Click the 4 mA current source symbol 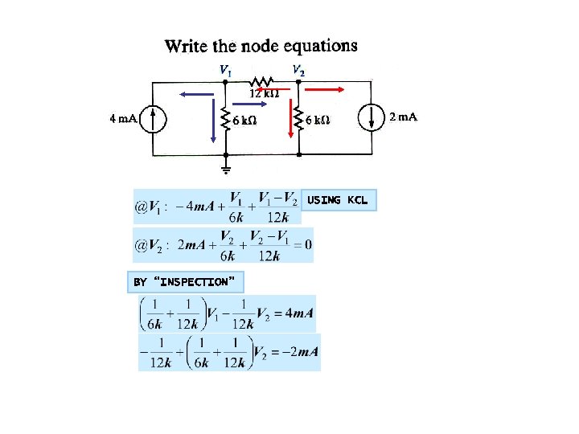[x=154, y=119]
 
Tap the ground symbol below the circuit [x=226, y=168]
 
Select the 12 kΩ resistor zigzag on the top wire [x=262, y=81]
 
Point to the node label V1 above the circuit [x=227, y=70]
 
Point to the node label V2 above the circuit [x=298, y=70]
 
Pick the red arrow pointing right [x=326, y=91]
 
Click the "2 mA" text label [x=403, y=117]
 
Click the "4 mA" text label [x=123, y=119]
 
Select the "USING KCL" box [x=338, y=200]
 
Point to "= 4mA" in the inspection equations [x=292, y=313]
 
